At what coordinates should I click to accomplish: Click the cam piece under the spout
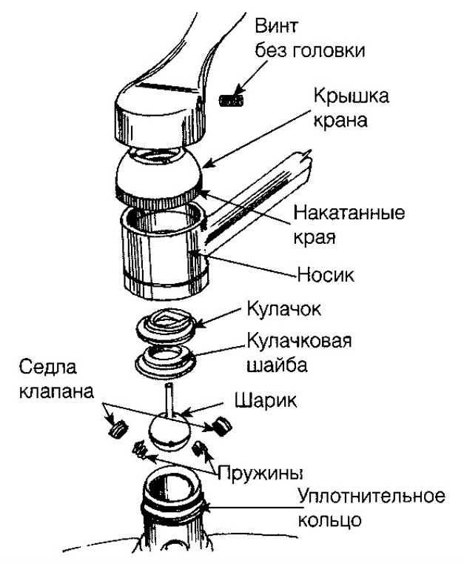click(x=168, y=324)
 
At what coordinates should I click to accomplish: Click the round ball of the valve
click(x=170, y=431)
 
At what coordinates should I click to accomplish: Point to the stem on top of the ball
click(x=169, y=400)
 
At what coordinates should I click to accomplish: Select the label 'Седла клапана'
click(x=61, y=379)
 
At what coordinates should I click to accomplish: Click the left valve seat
click(x=116, y=428)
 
